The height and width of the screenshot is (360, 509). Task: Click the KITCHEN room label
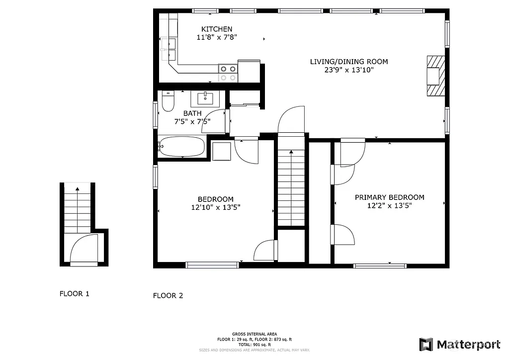(217, 29)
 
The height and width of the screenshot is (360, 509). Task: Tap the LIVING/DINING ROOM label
(349, 62)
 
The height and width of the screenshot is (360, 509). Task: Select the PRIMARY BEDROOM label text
(390, 197)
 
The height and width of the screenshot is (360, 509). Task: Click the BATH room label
(192, 113)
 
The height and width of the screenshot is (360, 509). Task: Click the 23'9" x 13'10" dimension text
(349, 70)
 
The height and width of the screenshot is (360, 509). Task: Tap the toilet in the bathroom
(168, 102)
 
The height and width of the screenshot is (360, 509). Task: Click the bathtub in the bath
(181, 147)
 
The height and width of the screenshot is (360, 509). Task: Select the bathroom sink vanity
(205, 98)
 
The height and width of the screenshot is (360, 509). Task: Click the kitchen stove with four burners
(228, 73)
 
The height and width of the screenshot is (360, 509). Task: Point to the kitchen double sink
(169, 48)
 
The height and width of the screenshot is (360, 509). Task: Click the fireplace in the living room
(434, 76)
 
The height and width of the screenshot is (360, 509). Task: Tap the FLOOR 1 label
(75, 293)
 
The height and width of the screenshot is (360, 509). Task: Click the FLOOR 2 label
(168, 295)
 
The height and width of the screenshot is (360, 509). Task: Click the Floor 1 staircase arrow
(77, 189)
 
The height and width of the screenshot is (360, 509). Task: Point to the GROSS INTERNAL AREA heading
(254, 334)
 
